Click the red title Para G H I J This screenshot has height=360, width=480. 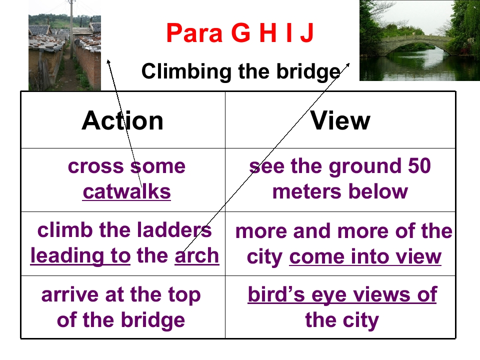tap(240, 33)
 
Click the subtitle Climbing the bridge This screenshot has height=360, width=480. tap(240, 71)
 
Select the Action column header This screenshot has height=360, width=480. tap(122, 120)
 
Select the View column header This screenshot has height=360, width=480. tap(340, 120)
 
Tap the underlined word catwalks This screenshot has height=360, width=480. tap(126, 191)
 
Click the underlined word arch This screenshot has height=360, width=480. tap(197, 255)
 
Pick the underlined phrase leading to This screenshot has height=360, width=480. tap(80, 255)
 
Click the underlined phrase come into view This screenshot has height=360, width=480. tap(365, 256)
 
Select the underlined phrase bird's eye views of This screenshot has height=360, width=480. tap(342, 294)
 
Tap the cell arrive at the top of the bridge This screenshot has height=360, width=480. tap(121, 307)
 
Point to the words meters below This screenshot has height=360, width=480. tap(340, 191)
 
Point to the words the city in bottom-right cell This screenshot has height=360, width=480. tap(342, 319)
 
